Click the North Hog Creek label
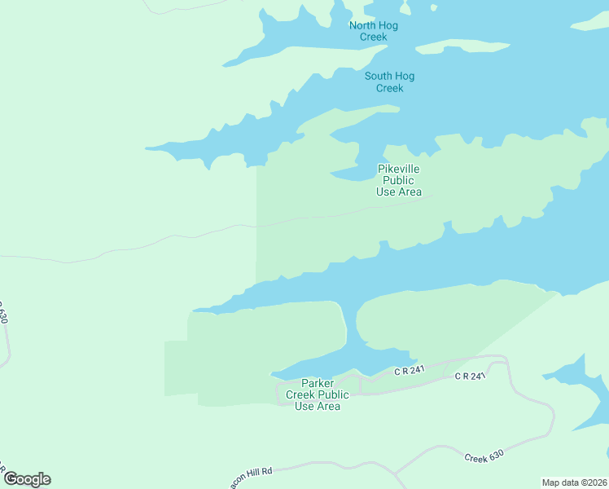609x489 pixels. (374, 31)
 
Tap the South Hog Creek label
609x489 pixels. (389, 82)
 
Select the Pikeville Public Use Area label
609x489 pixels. (399, 180)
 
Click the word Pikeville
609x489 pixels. (399, 169)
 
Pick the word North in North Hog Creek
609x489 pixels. (363, 25)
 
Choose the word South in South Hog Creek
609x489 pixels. (379, 77)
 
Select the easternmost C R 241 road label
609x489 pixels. (470, 376)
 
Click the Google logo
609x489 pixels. (27, 479)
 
